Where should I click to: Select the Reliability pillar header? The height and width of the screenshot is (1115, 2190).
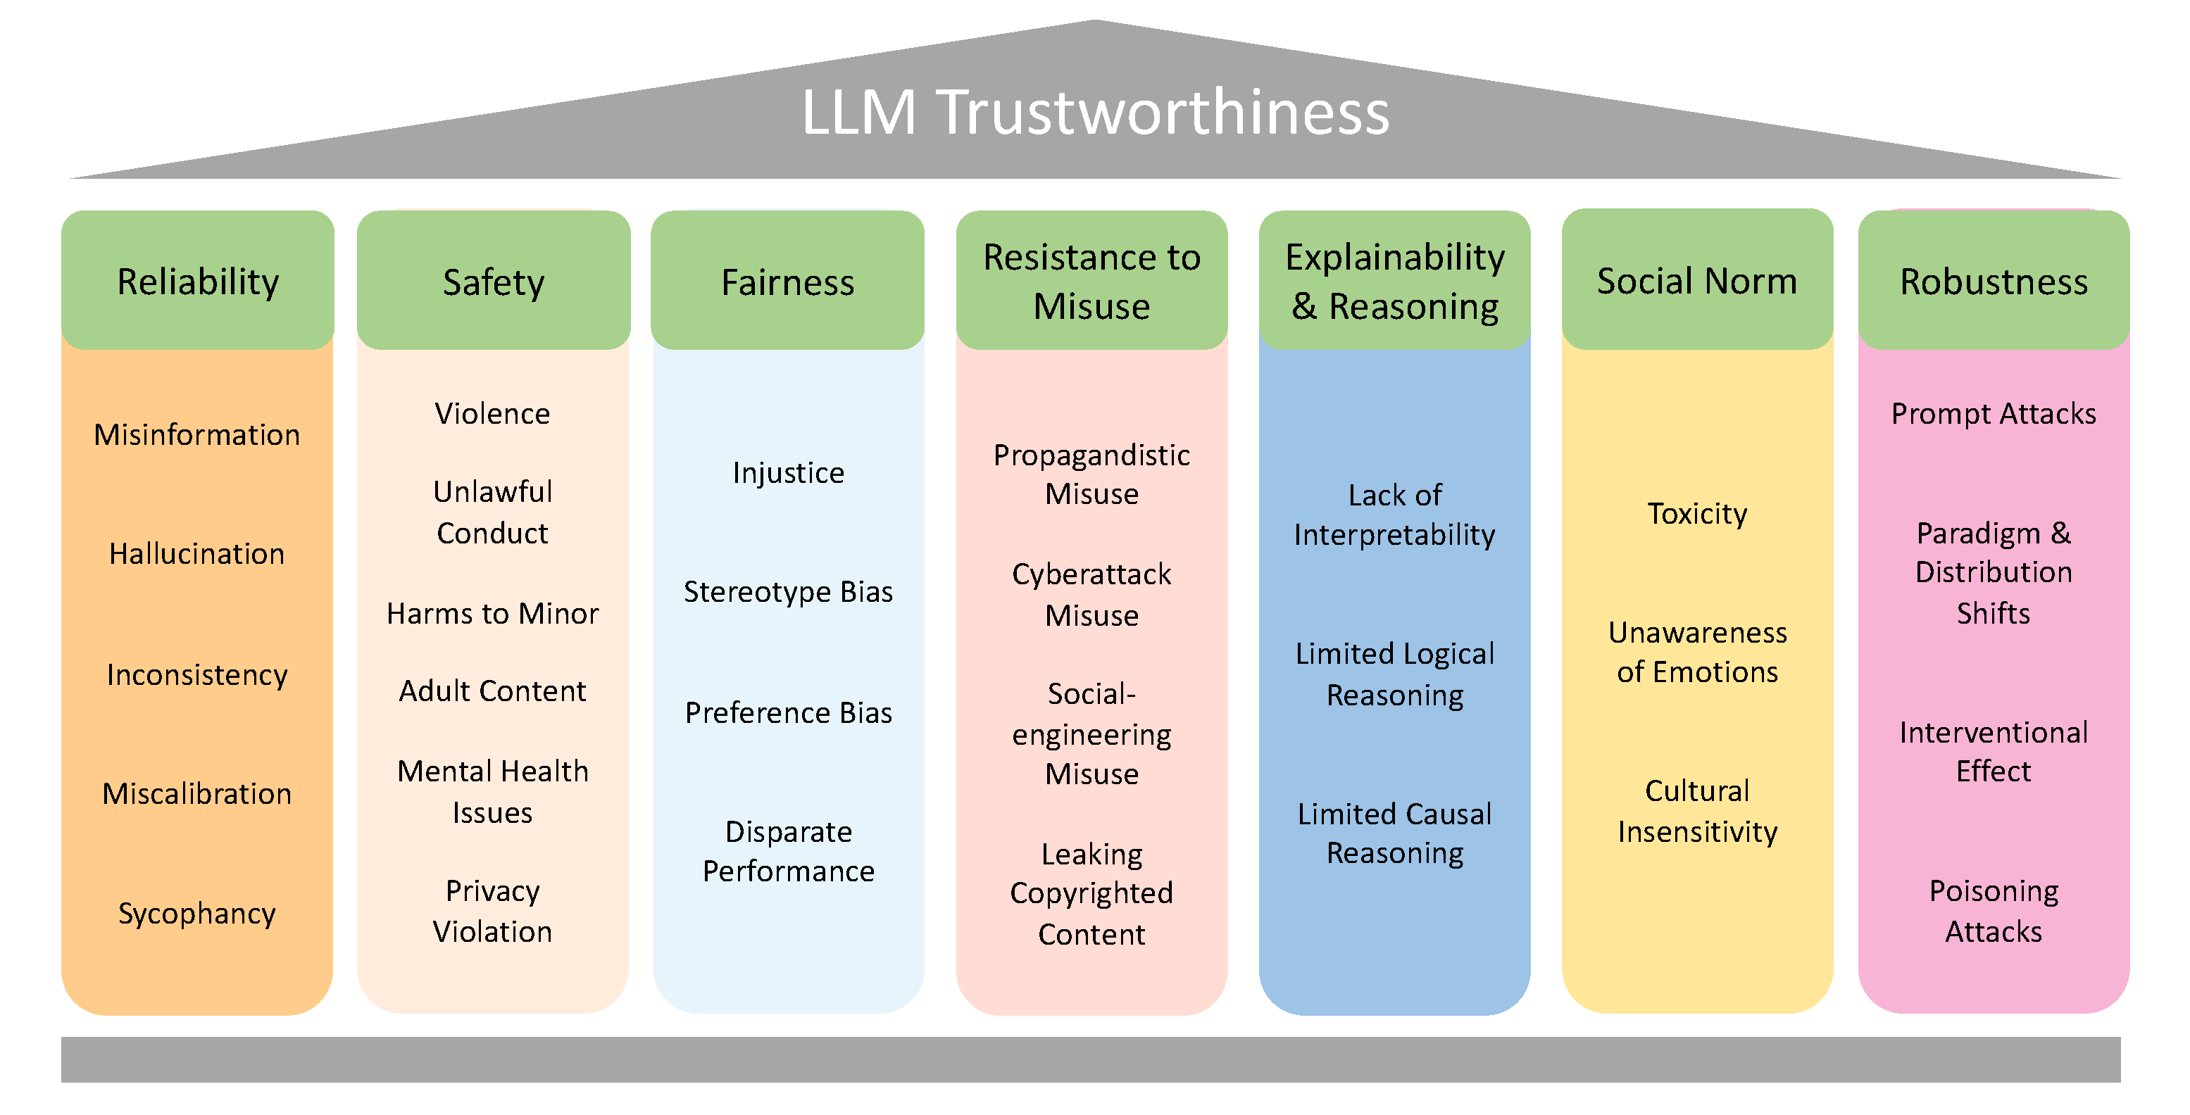point(197,282)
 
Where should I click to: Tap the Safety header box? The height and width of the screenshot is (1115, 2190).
point(493,282)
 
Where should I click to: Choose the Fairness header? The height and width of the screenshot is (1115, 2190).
point(787,282)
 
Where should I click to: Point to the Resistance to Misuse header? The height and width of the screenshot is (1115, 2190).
point(1091,282)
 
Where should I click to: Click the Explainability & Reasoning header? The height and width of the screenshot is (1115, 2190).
point(1394,282)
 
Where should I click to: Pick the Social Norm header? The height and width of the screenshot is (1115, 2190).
point(1697,282)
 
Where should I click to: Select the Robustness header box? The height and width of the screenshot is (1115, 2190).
point(1994,282)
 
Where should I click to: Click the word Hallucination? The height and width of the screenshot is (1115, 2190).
point(197,554)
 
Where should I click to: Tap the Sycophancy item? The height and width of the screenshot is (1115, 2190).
point(197,914)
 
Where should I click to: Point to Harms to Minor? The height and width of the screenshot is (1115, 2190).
point(493,614)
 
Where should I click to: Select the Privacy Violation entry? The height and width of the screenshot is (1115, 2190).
point(493,911)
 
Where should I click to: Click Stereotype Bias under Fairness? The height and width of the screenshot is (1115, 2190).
point(788,591)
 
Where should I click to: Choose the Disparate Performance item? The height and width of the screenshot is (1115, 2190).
point(788,851)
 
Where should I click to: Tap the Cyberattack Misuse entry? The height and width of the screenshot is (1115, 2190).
point(1091,594)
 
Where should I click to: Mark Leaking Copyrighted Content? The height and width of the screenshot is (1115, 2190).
point(1091,893)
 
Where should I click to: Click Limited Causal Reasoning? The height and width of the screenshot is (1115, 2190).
point(1394,833)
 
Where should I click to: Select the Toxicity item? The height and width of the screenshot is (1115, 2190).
point(1697,513)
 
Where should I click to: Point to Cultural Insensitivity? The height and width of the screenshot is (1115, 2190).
point(1697,811)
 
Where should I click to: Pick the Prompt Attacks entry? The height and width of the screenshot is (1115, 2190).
point(1994,414)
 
